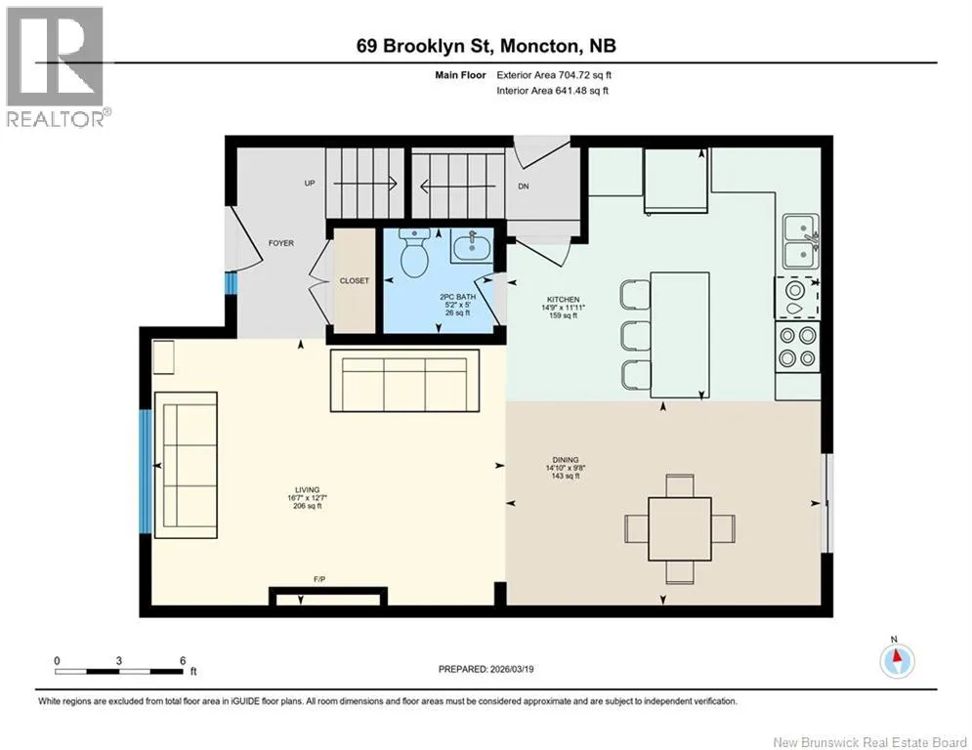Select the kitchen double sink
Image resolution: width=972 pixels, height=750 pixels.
click(801, 242)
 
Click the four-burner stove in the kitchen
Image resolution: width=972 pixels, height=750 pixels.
click(797, 347)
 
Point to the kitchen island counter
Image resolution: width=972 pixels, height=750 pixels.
click(680, 335)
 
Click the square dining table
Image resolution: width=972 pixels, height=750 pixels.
click(680, 528)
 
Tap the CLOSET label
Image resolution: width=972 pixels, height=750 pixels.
click(355, 281)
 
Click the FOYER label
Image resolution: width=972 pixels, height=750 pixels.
click(280, 243)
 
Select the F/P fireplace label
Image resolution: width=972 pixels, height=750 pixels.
click(319, 579)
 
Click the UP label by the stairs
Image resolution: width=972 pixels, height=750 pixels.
click(310, 183)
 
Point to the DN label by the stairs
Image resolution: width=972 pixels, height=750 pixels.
click(524, 186)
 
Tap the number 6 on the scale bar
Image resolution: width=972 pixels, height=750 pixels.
click(183, 661)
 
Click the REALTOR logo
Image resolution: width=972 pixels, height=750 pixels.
click(56, 67)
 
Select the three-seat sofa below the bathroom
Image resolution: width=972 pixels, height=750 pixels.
click(404, 381)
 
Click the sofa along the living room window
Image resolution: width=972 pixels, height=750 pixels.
click(186, 465)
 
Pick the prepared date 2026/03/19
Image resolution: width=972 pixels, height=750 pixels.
click(512, 669)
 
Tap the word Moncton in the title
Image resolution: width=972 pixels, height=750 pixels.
click(539, 46)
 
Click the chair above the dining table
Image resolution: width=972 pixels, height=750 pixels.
click(680, 484)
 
